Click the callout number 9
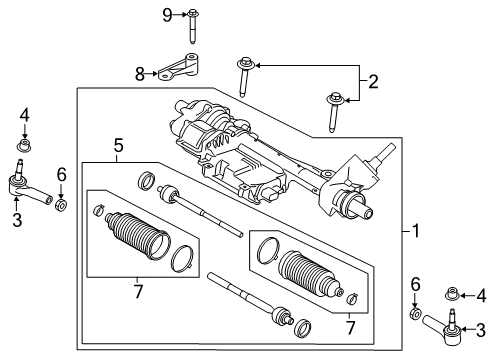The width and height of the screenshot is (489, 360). [168, 14]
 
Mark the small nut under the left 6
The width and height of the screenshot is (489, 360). [61, 206]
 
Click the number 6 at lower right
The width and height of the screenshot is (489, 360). [415, 288]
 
